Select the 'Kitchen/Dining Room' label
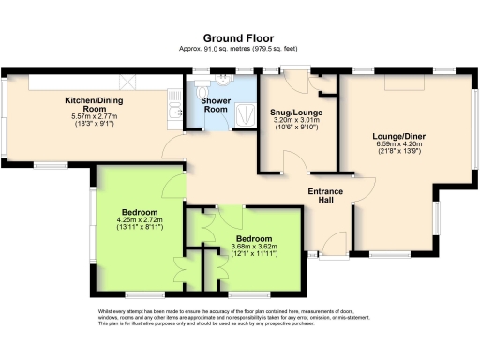[90, 102]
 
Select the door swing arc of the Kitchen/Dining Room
[174, 148]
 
